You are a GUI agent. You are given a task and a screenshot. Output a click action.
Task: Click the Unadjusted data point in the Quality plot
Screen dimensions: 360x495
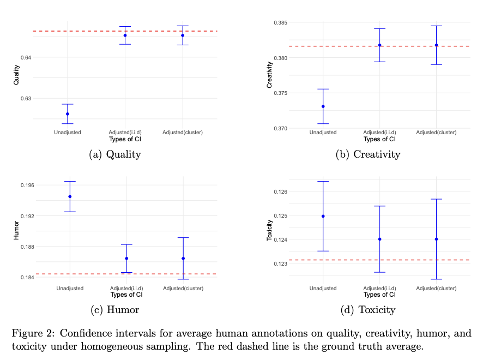click(x=68, y=114)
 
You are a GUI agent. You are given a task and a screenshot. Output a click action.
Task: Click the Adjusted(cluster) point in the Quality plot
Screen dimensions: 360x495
click(x=183, y=35)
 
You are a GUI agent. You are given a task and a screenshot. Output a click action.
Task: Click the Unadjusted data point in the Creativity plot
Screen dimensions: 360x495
click(x=323, y=106)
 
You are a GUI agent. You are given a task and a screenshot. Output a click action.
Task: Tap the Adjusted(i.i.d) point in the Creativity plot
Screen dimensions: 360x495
click(x=380, y=45)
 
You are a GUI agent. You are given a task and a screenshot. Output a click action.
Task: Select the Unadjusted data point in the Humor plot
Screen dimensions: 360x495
click(x=70, y=196)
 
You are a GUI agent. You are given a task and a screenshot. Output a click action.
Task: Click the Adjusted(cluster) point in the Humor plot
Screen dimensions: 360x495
click(x=183, y=259)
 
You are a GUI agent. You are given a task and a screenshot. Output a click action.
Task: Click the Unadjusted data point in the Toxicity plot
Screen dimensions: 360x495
click(x=323, y=216)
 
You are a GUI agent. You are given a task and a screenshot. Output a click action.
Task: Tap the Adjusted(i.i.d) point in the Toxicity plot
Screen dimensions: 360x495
click(x=380, y=239)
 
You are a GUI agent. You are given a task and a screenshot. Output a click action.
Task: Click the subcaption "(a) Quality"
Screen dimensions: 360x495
click(x=114, y=154)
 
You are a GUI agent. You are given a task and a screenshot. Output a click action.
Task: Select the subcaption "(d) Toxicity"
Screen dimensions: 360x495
click(x=369, y=310)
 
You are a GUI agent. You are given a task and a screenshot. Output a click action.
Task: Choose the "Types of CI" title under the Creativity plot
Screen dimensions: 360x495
click(x=379, y=139)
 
